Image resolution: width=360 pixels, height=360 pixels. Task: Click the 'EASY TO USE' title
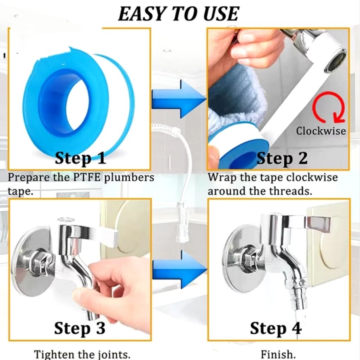point(178,14)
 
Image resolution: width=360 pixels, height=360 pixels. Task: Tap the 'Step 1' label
point(81,158)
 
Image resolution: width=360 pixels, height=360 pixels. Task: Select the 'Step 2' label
point(282,158)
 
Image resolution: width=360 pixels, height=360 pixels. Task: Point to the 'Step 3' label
point(80,328)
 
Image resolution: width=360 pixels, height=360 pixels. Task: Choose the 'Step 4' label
point(276,328)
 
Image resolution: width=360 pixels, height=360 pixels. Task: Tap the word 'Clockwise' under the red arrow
point(321,131)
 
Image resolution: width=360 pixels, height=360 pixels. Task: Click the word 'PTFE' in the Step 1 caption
point(86,178)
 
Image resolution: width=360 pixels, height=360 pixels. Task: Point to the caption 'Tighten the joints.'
point(82,354)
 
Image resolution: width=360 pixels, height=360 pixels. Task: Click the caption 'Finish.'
point(278,354)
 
